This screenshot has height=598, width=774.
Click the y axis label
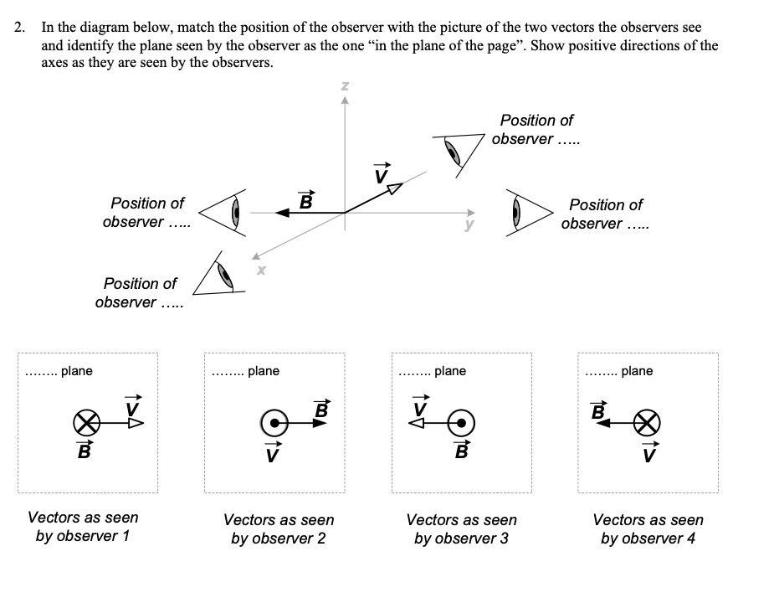(x=469, y=224)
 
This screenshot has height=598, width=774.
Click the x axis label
(x=261, y=270)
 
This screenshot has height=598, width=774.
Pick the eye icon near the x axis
(x=220, y=275)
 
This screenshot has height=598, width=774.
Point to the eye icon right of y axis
(x=527, y=213)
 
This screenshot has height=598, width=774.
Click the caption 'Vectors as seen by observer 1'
(x=83, y=527)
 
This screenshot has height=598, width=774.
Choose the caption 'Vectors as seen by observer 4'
(x=648, y=528)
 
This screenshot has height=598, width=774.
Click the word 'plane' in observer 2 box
(x=264, y=371)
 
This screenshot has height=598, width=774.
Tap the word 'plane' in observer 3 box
(x=450, y=371)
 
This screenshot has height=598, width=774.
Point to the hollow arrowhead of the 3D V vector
(x=393, y=188)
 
